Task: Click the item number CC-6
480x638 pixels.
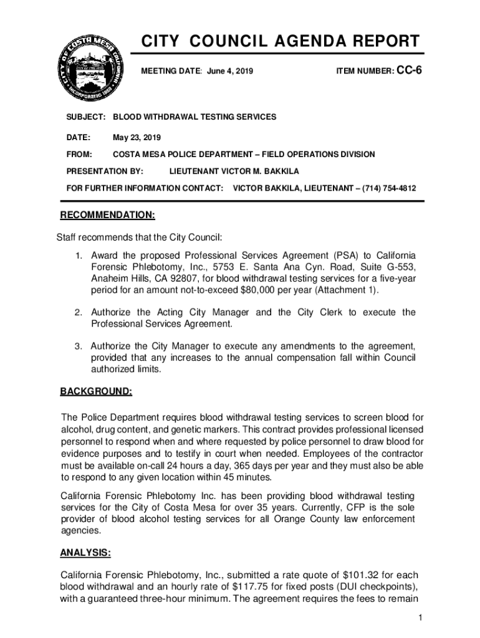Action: coord(410,71)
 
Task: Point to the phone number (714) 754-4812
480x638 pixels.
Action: coord(391,188)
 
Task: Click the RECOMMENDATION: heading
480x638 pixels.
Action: coord(107,216)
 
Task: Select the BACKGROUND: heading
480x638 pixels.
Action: coord(96,391)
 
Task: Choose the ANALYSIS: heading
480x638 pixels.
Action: coord(85,553)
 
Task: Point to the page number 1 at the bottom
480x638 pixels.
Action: coord(421,617)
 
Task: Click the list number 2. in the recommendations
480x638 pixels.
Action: coord(79,312)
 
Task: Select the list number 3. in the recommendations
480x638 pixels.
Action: coord(79,346)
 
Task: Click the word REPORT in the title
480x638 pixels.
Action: coord(380,42)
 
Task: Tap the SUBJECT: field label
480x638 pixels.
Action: coord(85,117)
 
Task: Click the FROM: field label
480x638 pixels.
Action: coord(79,154)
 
